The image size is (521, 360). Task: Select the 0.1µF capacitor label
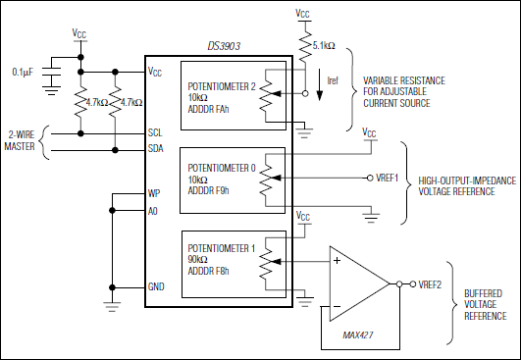coord(24,72)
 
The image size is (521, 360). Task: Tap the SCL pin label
coord(156,131)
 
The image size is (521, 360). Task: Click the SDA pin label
coord(156,150)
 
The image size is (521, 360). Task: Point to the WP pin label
coord(155,193)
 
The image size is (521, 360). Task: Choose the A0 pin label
coord(154,211)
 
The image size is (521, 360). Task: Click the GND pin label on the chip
coord(157,287)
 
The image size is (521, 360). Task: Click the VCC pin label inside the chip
coord(156,72)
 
